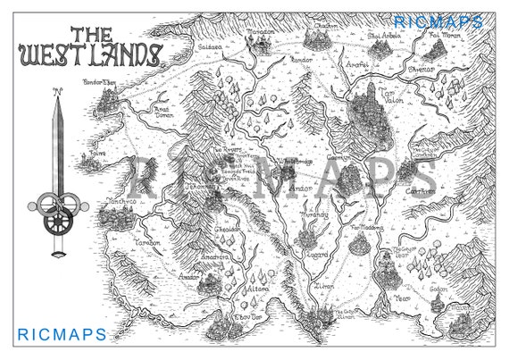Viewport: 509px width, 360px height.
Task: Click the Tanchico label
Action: [121, 204]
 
